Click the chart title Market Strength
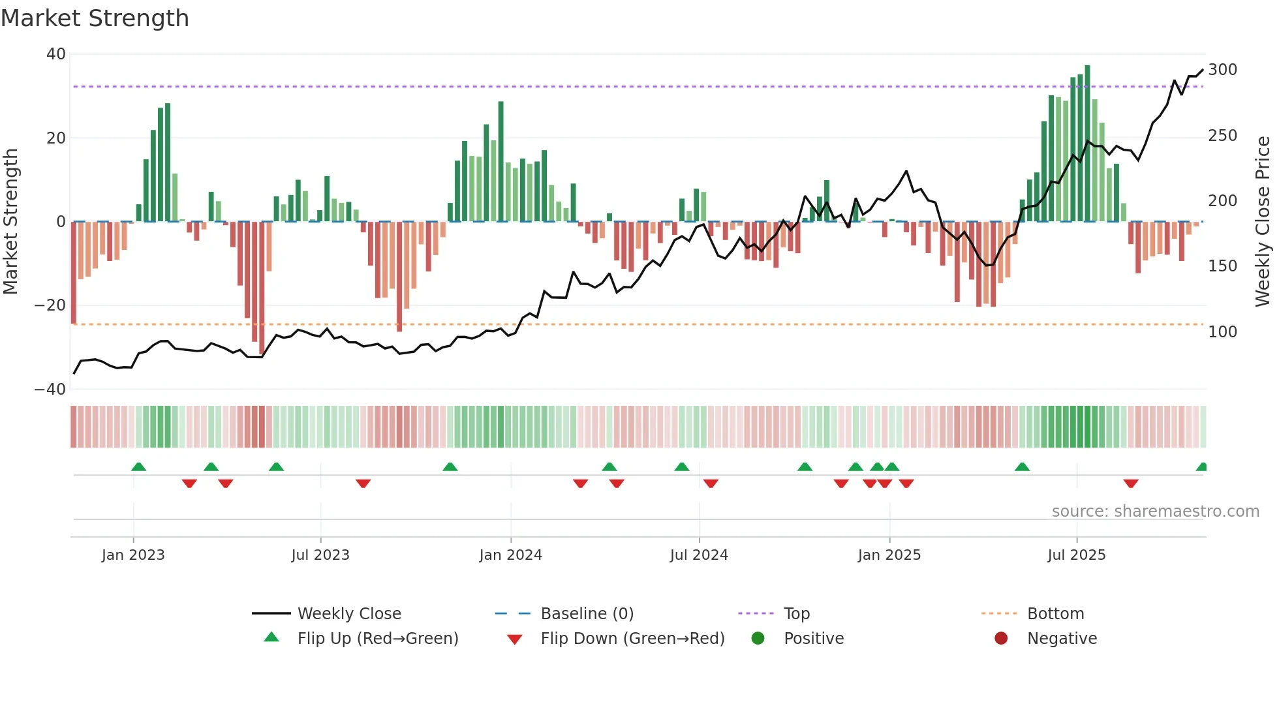click(95, 18)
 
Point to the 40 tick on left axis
click(56, 54)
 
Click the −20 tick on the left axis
click(50, 305)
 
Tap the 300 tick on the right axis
click(1222, 70)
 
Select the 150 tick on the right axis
click(1222, 266)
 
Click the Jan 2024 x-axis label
click(510, 555)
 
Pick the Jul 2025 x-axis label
click(1076, 555)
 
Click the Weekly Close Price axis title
click(1262, 222)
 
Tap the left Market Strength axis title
click(11, 222)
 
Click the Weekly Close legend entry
click(348, 614)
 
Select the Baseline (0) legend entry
click(587, 614)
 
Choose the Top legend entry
click(796, 614)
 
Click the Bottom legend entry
click(1055, 614)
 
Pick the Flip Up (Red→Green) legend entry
click(377, 639)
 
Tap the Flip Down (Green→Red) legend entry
click(632, 639)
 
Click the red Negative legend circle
click(1001, 639)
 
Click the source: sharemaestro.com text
click(1155, 512)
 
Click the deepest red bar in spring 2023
click(262, 287)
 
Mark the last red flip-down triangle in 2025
click(1131, 483)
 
